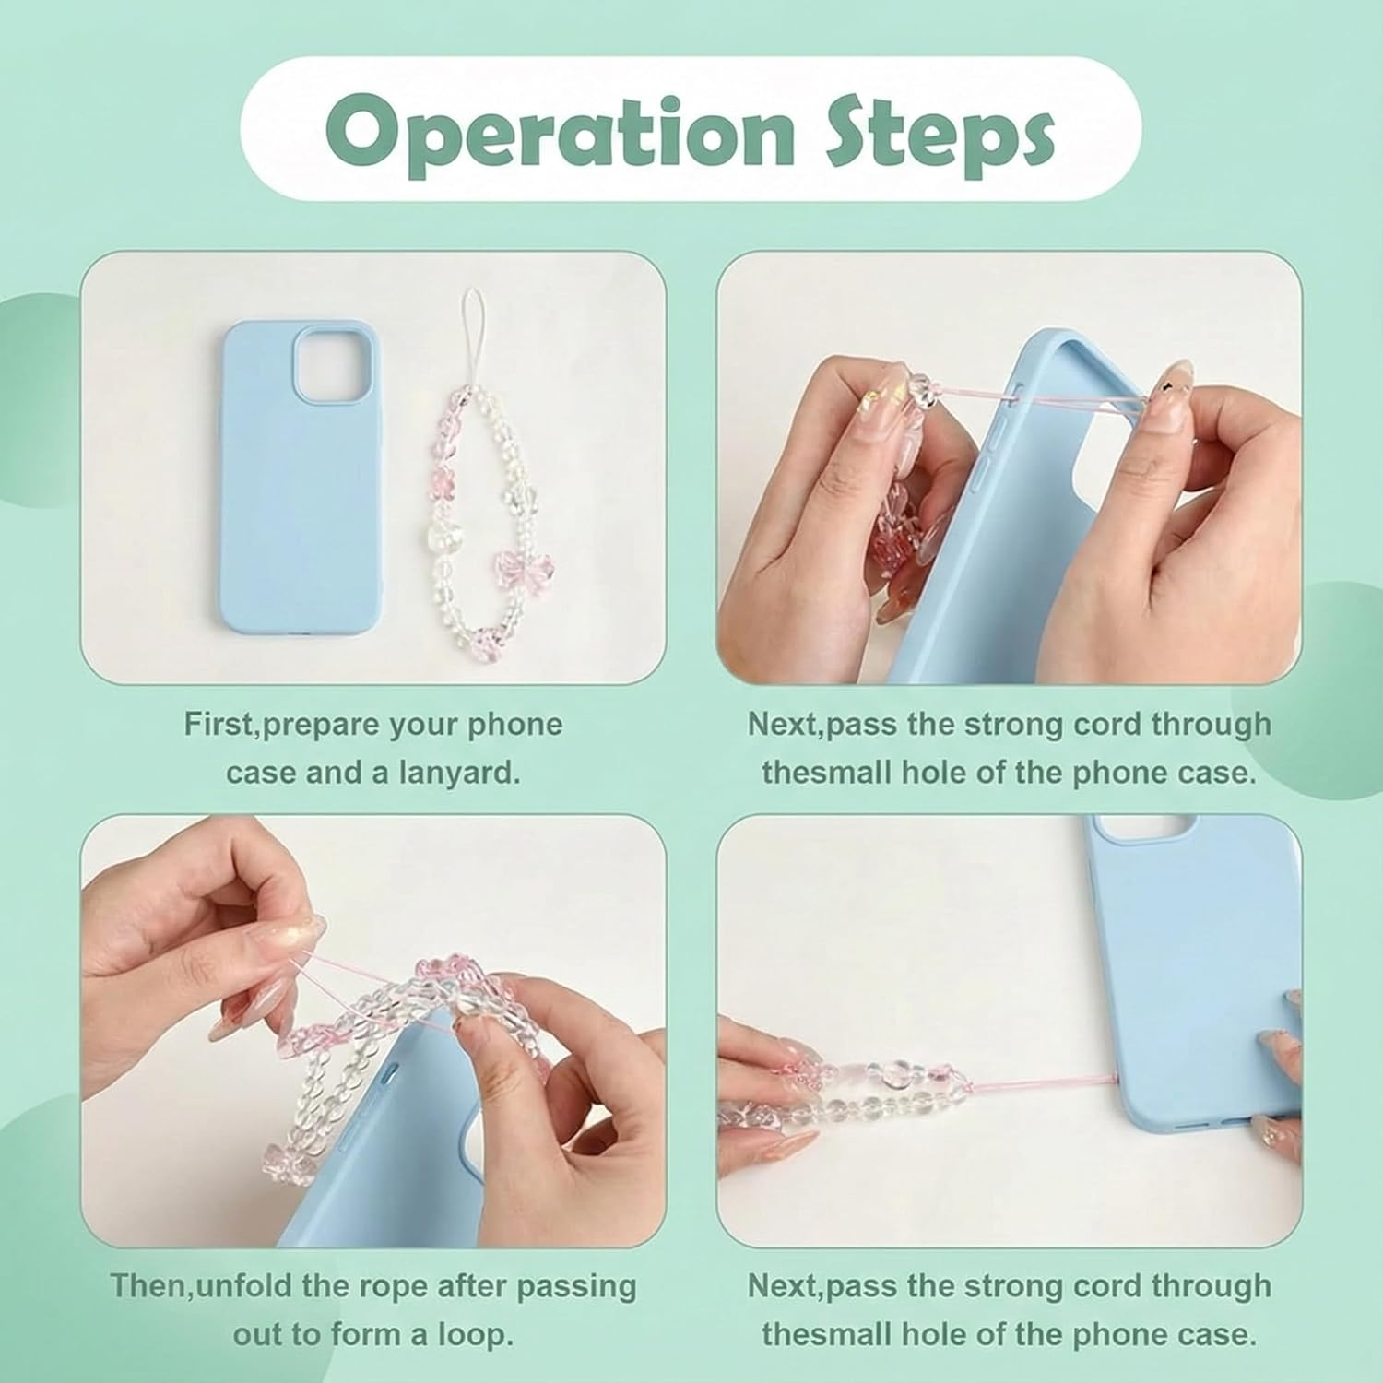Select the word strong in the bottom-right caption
point(1004,1287)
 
